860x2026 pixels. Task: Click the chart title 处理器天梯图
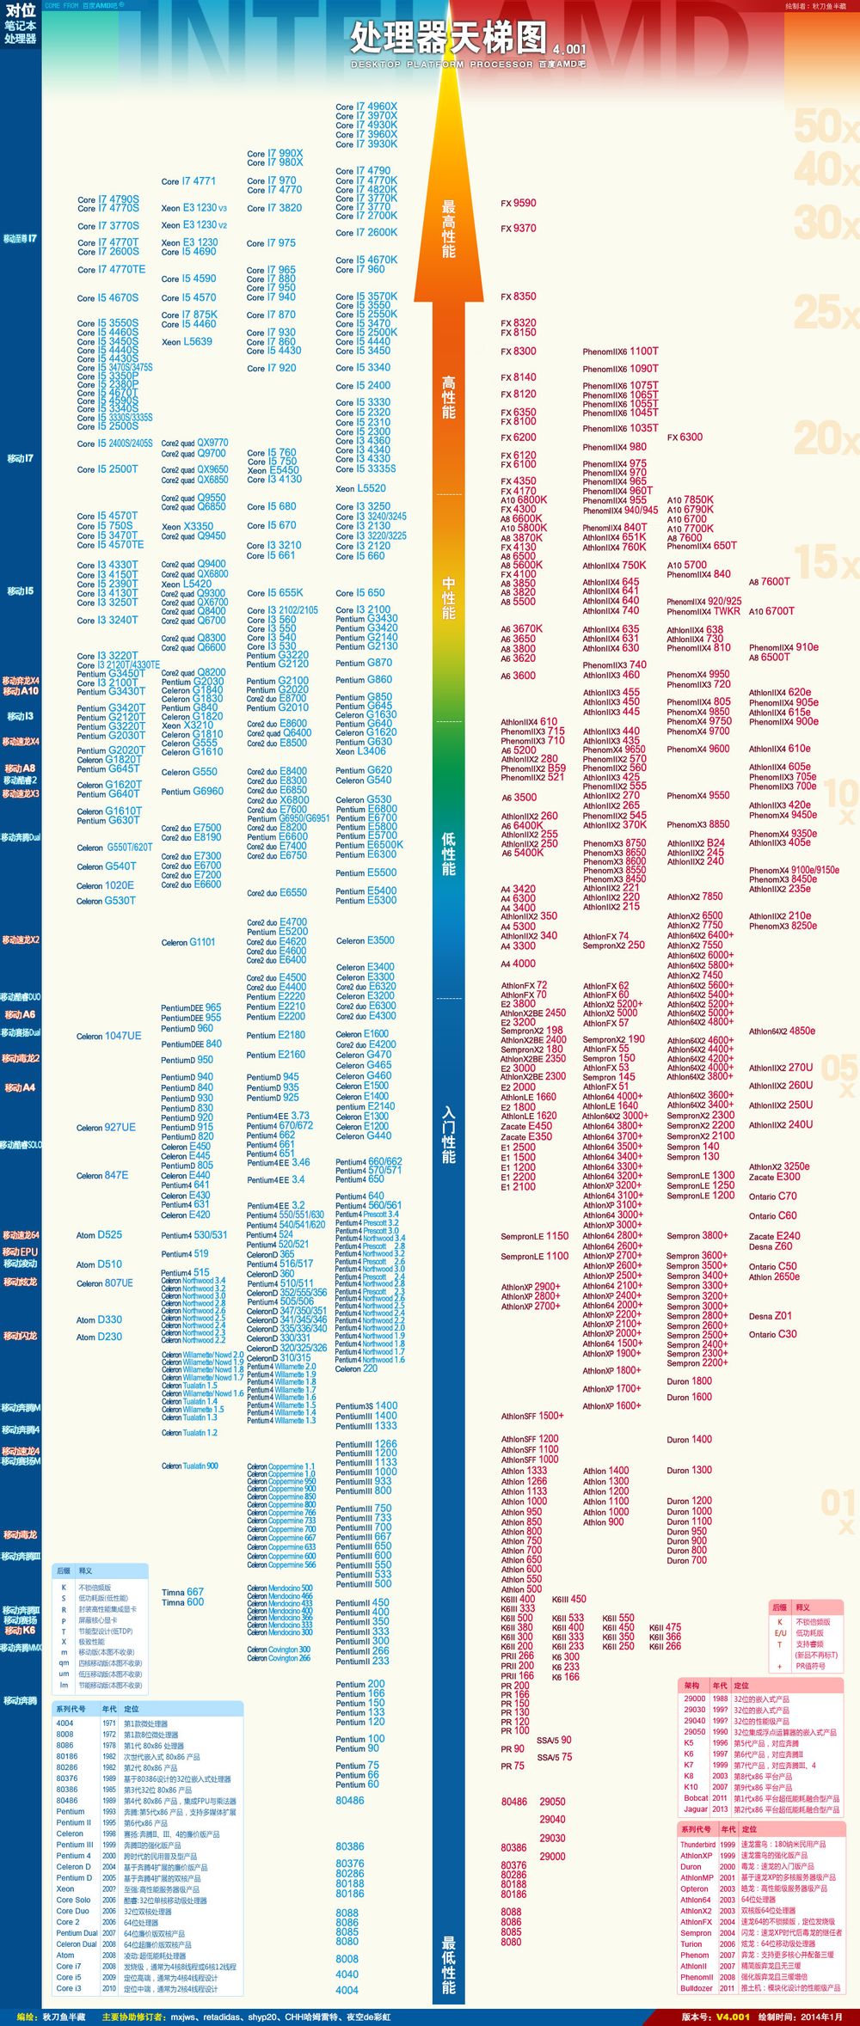447,38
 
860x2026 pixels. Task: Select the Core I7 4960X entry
366,107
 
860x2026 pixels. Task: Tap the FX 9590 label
519,204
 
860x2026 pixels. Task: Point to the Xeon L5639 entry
187,341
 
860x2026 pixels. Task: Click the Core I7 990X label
275,153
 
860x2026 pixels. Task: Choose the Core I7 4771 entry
188,181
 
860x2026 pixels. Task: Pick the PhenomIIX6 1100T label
620,352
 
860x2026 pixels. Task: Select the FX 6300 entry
685,438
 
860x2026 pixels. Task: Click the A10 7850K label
691,499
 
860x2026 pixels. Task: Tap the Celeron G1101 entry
188,942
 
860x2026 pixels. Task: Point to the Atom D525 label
99,1235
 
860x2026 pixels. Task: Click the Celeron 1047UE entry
108,1036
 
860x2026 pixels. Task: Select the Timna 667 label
182,1592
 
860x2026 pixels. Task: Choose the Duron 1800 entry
689,1381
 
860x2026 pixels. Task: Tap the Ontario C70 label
772,1196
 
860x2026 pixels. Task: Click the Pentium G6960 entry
193,792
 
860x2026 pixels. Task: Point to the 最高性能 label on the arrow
449,229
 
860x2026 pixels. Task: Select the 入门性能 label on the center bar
449,1135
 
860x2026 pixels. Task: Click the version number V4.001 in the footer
733,2017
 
